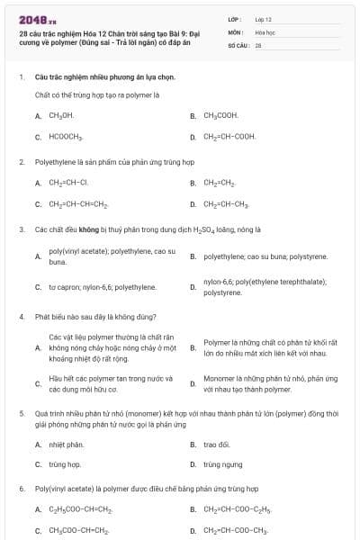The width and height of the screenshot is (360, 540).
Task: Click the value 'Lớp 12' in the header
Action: pyautogui.click(x=263, y=19)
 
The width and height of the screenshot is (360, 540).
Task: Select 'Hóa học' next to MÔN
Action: pyautogui.click(x=265, y=31)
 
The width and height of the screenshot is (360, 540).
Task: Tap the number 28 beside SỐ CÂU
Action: pyautogui.click(x=258, y=44)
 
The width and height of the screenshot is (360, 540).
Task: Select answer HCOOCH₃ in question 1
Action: pyautogui.click(x=66, y=138)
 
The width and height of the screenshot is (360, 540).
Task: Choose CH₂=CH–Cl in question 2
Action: pyautogui.click(x=68, y=182)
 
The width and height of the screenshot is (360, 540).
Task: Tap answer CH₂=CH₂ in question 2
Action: pyautogui.click(x=219, y=182)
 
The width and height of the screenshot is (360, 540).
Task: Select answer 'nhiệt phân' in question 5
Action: pyautogui.click(x=66, y=445)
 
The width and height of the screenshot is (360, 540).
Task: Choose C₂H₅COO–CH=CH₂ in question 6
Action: pyautogui.click(x=80, y=509)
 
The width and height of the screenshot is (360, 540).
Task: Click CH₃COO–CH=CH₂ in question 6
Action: pyautogui.click(x=79, y=530)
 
